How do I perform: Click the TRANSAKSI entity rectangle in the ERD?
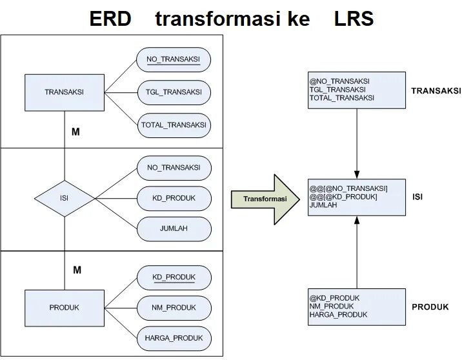[64, 92]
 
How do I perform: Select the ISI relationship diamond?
[64, 198]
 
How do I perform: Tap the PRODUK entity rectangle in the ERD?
[64, 308]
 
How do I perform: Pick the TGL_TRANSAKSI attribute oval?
[174, 92]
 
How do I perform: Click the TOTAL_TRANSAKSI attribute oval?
[174, 125]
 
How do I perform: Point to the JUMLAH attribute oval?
[174, 228]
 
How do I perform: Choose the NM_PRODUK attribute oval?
[174, 307]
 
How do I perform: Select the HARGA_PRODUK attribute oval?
[174, 337]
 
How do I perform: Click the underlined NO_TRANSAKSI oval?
[174, 60]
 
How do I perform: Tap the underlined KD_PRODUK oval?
[174, 277]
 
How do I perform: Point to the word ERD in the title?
[110, 19]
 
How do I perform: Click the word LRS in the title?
[354, 19]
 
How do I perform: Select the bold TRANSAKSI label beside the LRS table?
[436, 91]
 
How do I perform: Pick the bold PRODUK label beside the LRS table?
[430, 307]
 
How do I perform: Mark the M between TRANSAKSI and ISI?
[75, 132]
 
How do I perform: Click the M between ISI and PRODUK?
[77, 270]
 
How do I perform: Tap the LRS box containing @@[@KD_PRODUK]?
[357, 197]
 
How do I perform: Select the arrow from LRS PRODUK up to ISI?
[357, 252]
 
